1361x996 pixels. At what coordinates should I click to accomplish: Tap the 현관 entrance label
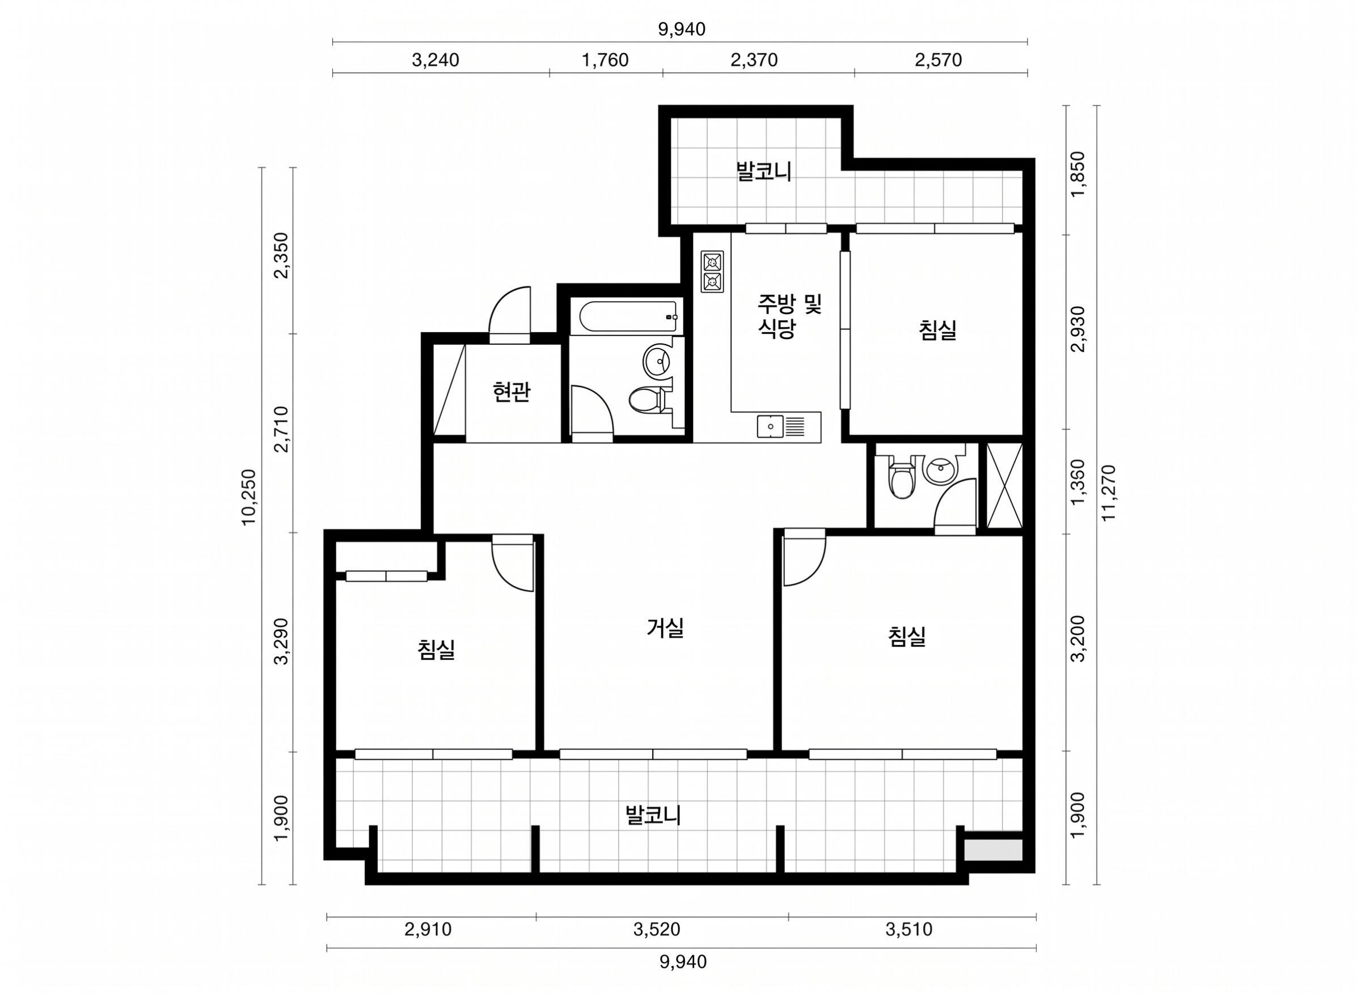coord(512,392)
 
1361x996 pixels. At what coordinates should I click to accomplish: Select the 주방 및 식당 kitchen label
coord(789,315)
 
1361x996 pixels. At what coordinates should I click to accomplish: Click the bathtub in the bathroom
coord(628,317)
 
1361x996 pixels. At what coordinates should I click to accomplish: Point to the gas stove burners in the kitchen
coord(712,272)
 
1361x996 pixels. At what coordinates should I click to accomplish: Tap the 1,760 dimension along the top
coord(605,60)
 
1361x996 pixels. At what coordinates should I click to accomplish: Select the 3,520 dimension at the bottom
coord(657,930)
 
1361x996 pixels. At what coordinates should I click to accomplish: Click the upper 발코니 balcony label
coord(763,171)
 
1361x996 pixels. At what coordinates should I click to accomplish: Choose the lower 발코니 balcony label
coord(654,816)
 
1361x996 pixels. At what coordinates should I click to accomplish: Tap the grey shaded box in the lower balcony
coord(992,850)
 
